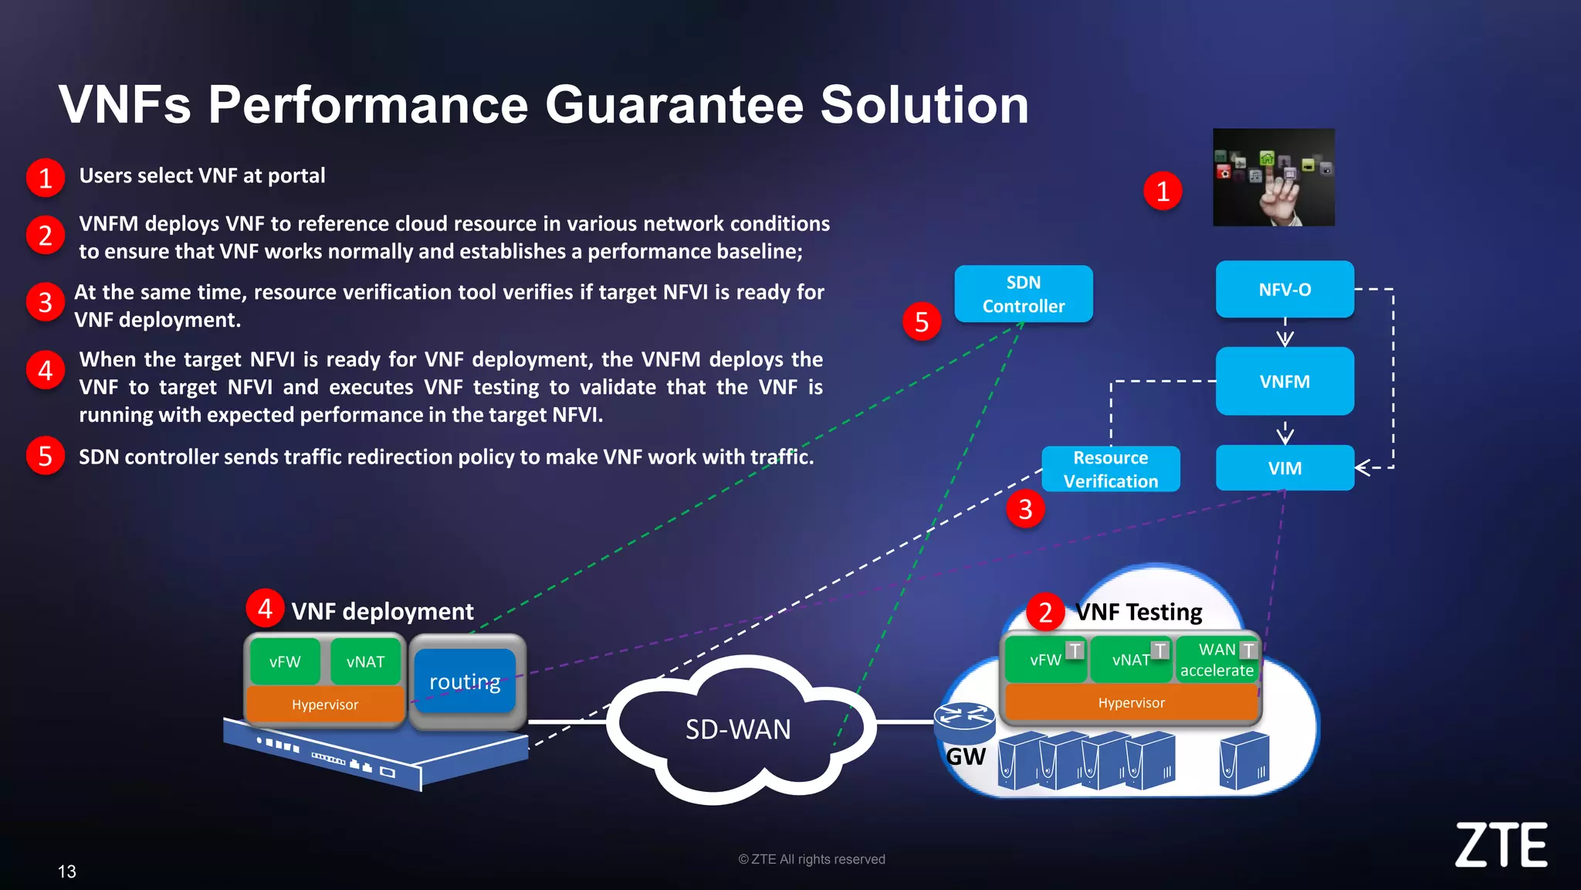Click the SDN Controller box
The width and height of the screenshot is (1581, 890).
[1023, 294]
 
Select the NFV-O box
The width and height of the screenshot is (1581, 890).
[1285, 290]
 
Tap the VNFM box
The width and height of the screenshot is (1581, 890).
[1285, 382]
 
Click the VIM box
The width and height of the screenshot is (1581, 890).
[1285, 468]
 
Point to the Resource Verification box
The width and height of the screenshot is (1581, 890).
[1110, 469]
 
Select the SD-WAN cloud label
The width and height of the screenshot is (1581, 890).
[738, 729]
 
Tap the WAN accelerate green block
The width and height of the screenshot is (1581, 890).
[1216, 661]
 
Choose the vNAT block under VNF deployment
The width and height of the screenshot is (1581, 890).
[365, 662]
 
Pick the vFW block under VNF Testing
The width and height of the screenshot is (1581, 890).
[1045, 660]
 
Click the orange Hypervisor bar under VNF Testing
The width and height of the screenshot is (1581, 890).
[1131, 703]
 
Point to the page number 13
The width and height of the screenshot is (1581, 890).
[67, 871]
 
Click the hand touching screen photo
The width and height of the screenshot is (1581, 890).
[1273, 178]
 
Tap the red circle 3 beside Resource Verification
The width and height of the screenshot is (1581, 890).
[1025, 509]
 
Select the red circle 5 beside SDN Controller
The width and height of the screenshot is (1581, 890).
[921, 322]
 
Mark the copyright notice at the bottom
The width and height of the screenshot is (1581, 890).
[811, 859]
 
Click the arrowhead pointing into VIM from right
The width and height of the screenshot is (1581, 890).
[1363, 467]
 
